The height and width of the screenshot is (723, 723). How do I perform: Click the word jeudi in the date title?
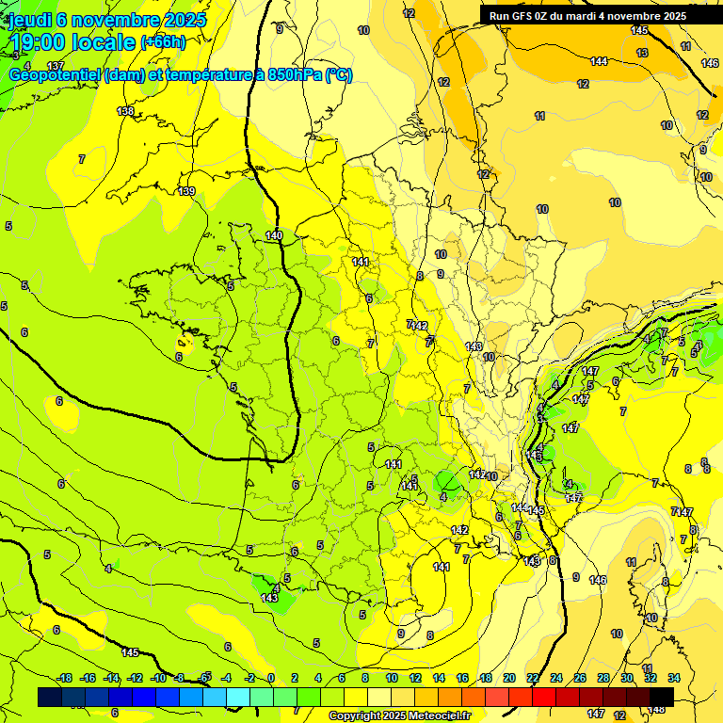pyautogui.click(x=32, y=21)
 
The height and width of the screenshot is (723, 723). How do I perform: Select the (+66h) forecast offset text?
pyautogui.click(x=163, y=42)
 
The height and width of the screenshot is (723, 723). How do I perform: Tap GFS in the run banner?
pyautogui.click(x=522, y=16)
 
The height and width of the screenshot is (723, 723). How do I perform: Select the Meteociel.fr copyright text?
pyautogui.click(x=399, y=716)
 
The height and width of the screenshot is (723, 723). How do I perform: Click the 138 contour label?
pyautogui.click(x=125, y=111)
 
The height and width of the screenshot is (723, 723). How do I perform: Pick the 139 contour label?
pyautogui.click(x=186, y=191)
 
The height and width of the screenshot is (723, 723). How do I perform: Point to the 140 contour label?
pyautogui.click(x=274, y=235)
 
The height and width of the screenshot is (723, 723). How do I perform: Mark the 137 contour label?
pyautogui.click(x=56, y=66)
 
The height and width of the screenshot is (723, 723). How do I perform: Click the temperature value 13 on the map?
pyautogui.click(x=642, y=53)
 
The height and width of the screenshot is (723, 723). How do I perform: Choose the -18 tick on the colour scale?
pyautogui.click(x=65, y=678)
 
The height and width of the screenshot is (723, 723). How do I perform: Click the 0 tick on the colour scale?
pyautogui.click(x=270, y=678)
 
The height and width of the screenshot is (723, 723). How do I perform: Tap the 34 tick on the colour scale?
pyautogui.click(x=674, y=678)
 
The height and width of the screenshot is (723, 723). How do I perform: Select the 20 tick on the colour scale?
pyautogui.click(x=509, y=678)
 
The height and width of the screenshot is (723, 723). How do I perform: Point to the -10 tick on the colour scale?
pyautogui.click(x=158, y=678)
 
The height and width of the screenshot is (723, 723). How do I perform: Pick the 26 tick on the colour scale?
pyautogui.click(x=580, y=678)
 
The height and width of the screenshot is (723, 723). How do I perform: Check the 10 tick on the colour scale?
pyautogui.click(x=392, y=678)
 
